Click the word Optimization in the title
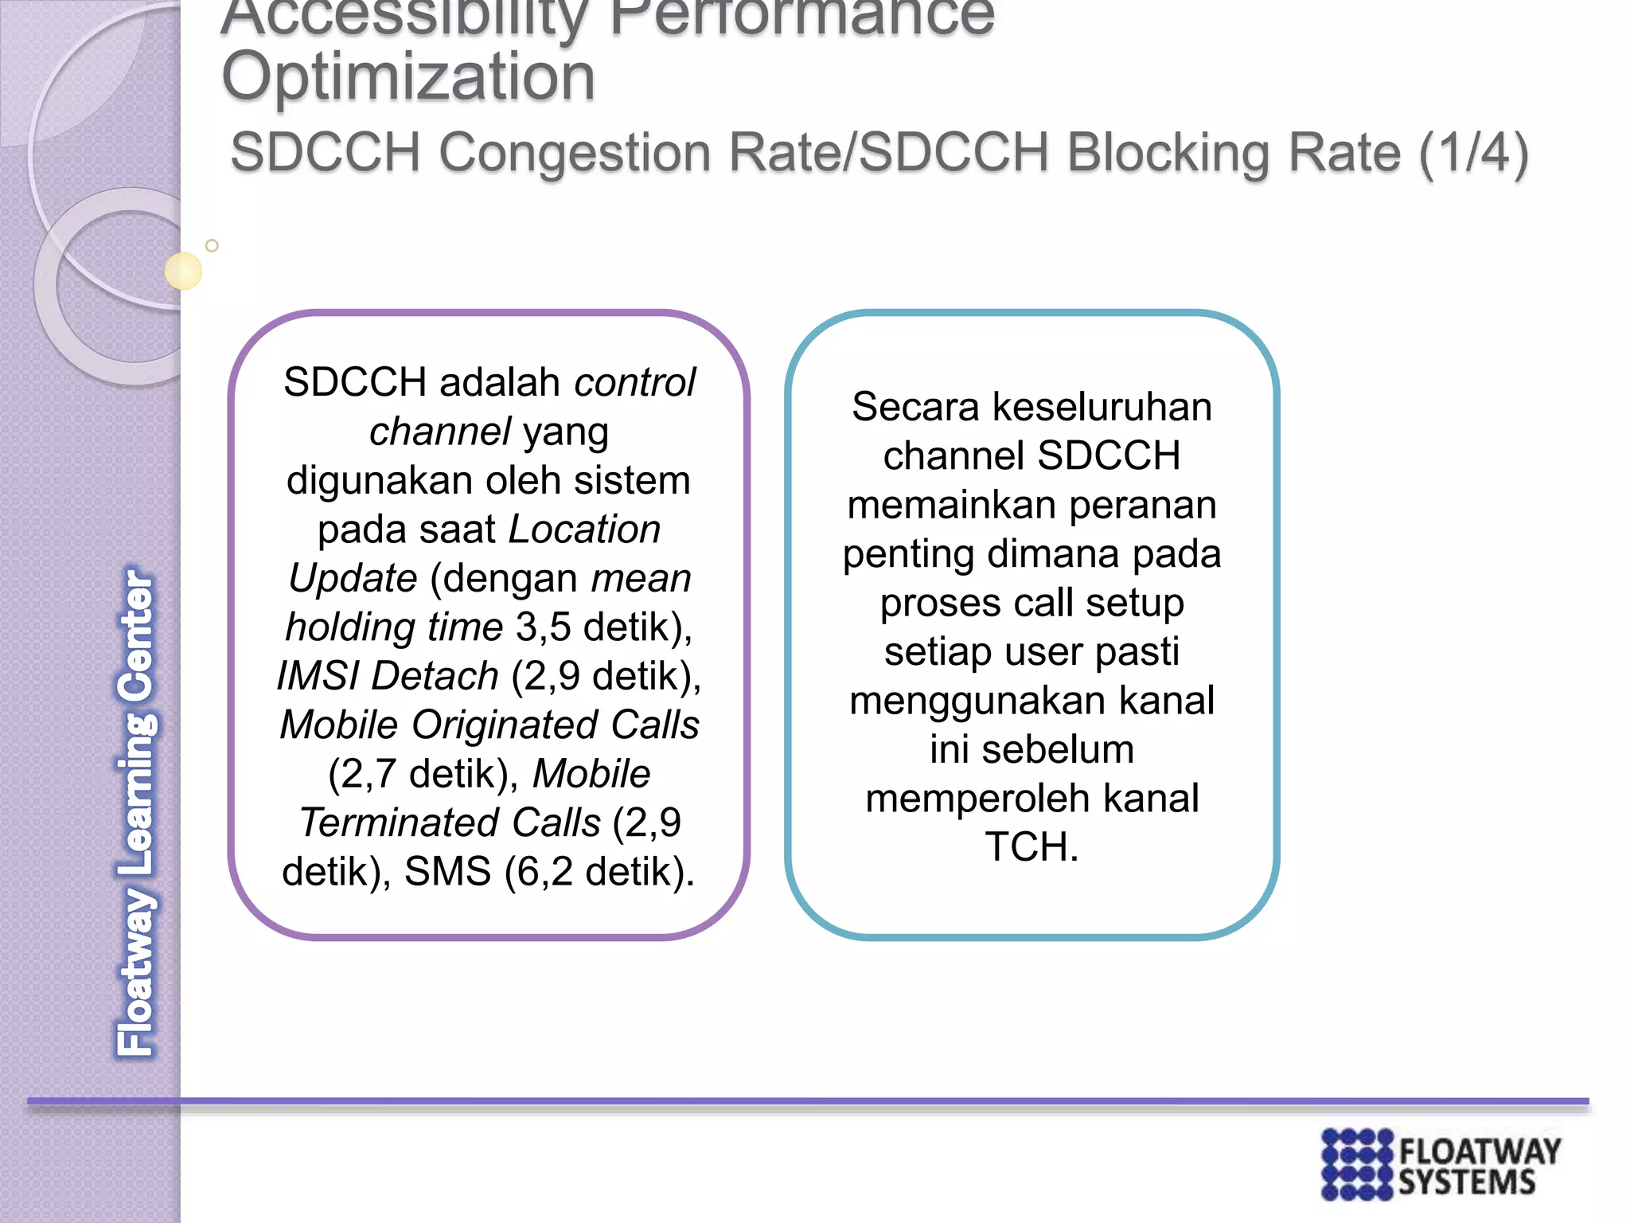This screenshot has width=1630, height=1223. point(407,77)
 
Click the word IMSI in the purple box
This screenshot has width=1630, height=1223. point(318,676)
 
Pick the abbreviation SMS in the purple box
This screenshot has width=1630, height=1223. point(447,871)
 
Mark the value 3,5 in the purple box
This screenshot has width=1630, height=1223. point(544,627)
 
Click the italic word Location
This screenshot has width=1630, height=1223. point(585,529)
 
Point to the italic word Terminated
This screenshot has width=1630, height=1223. point(450,822)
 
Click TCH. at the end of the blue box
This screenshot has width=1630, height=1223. point(1031,847)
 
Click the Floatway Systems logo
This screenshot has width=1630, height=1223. point(1441,1164)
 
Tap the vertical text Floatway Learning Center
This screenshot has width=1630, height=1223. point(137,812)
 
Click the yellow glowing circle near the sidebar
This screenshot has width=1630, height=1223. point(184,271)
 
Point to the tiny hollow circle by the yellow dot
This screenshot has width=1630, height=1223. point(212,246)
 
